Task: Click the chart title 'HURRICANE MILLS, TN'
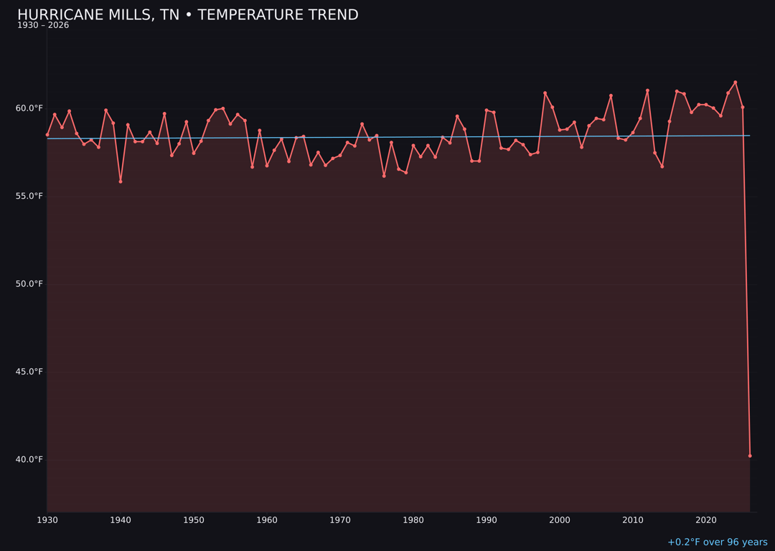point(187,15)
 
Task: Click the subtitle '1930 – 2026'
point(43,26)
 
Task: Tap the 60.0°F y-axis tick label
point(30,108)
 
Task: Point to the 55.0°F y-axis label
point(30,196)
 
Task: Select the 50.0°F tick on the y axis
point(30,284)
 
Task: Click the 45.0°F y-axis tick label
point(30,372)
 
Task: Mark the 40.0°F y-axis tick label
point(30,459)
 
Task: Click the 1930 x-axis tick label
point(47,520)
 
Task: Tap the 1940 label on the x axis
point(121,520)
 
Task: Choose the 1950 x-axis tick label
point(194,520)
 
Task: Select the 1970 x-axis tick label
point(340,520)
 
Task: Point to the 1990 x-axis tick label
point(487,520)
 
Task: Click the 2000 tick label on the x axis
point(560,520)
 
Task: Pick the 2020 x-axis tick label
point(706,520)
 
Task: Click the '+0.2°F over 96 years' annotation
point(717,542)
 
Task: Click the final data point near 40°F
point(750,456)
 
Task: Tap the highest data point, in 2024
point(736,83)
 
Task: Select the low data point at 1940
point(121,182)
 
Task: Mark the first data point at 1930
point(47,135)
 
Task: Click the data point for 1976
point(384,176)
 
